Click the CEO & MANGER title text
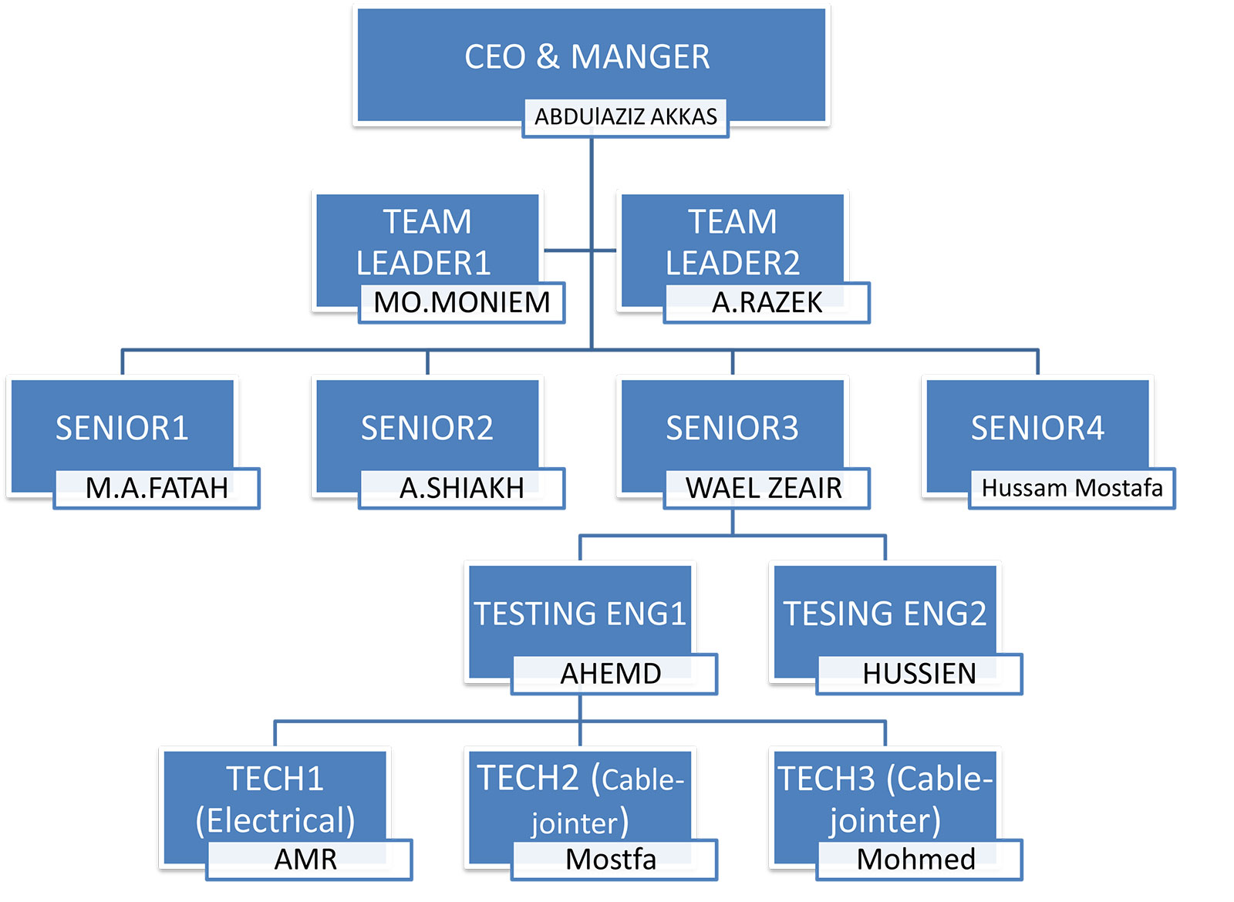pyautogui.click(x=587, y=57)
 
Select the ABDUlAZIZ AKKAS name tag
pyautogui.click(x=625, y=117)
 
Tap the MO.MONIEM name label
pyautogui.click(x=462, y=302)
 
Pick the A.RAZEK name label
pyautogui.click(x=767, y=302)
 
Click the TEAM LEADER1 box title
pyautogui.click(x=425, y=242)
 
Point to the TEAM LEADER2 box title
pyautogui.click(x=732, y=242)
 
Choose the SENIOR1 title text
pyautogui.click(x=122, y=428)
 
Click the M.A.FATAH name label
pyautogui.click(x=157, y=488)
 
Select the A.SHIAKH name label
pyautogui.click(x=462, y=488)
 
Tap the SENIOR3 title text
pyautogui.click(x=732, y=428)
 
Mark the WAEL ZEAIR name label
pyautogui.click(x=764, y=488)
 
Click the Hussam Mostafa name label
pyautogui.click(x=1072, y=488)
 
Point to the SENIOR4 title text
pyautogui.click(x=1037, y=428)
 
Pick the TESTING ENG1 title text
pyautogui.click(x=580, y=614)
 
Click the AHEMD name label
pyautogui.click(x=611, y=674)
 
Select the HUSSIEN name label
pyautogui.click(x=919, y=674)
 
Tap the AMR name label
pyautogui.click(x=306, y=859)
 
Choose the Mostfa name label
pyautogui.click(x=611, y=859)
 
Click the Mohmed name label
pyautogui.click(x=916, y=859)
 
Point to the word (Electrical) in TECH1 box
pyautogui.click(x=275, y=820)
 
